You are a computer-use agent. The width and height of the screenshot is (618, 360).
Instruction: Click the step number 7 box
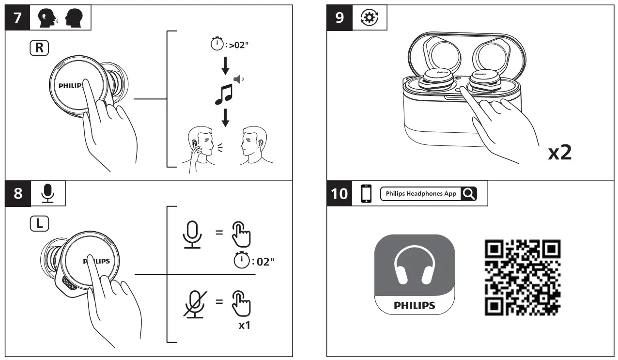click(17, 17)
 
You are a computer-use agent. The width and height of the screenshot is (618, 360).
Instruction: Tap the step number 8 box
click(17, 193)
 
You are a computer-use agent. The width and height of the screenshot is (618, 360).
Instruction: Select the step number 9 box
click(340, 17)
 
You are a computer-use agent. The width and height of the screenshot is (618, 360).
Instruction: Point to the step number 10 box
click(340, 193)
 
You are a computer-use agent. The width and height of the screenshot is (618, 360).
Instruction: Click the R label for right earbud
click(38, 48)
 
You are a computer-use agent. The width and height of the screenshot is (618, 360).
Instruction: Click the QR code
click(523, 277)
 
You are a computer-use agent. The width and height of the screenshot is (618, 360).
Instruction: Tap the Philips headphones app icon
click(414, 274)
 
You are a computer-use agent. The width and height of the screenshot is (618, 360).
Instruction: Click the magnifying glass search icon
click(468, 193)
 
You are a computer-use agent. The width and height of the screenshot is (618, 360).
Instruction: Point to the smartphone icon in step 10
click(367, 193)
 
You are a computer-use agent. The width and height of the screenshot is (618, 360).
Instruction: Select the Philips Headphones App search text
click(421, 193)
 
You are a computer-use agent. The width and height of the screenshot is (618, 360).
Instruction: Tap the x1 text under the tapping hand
click(245, 325)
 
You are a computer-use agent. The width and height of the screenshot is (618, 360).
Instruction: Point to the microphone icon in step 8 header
click(47, 193)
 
